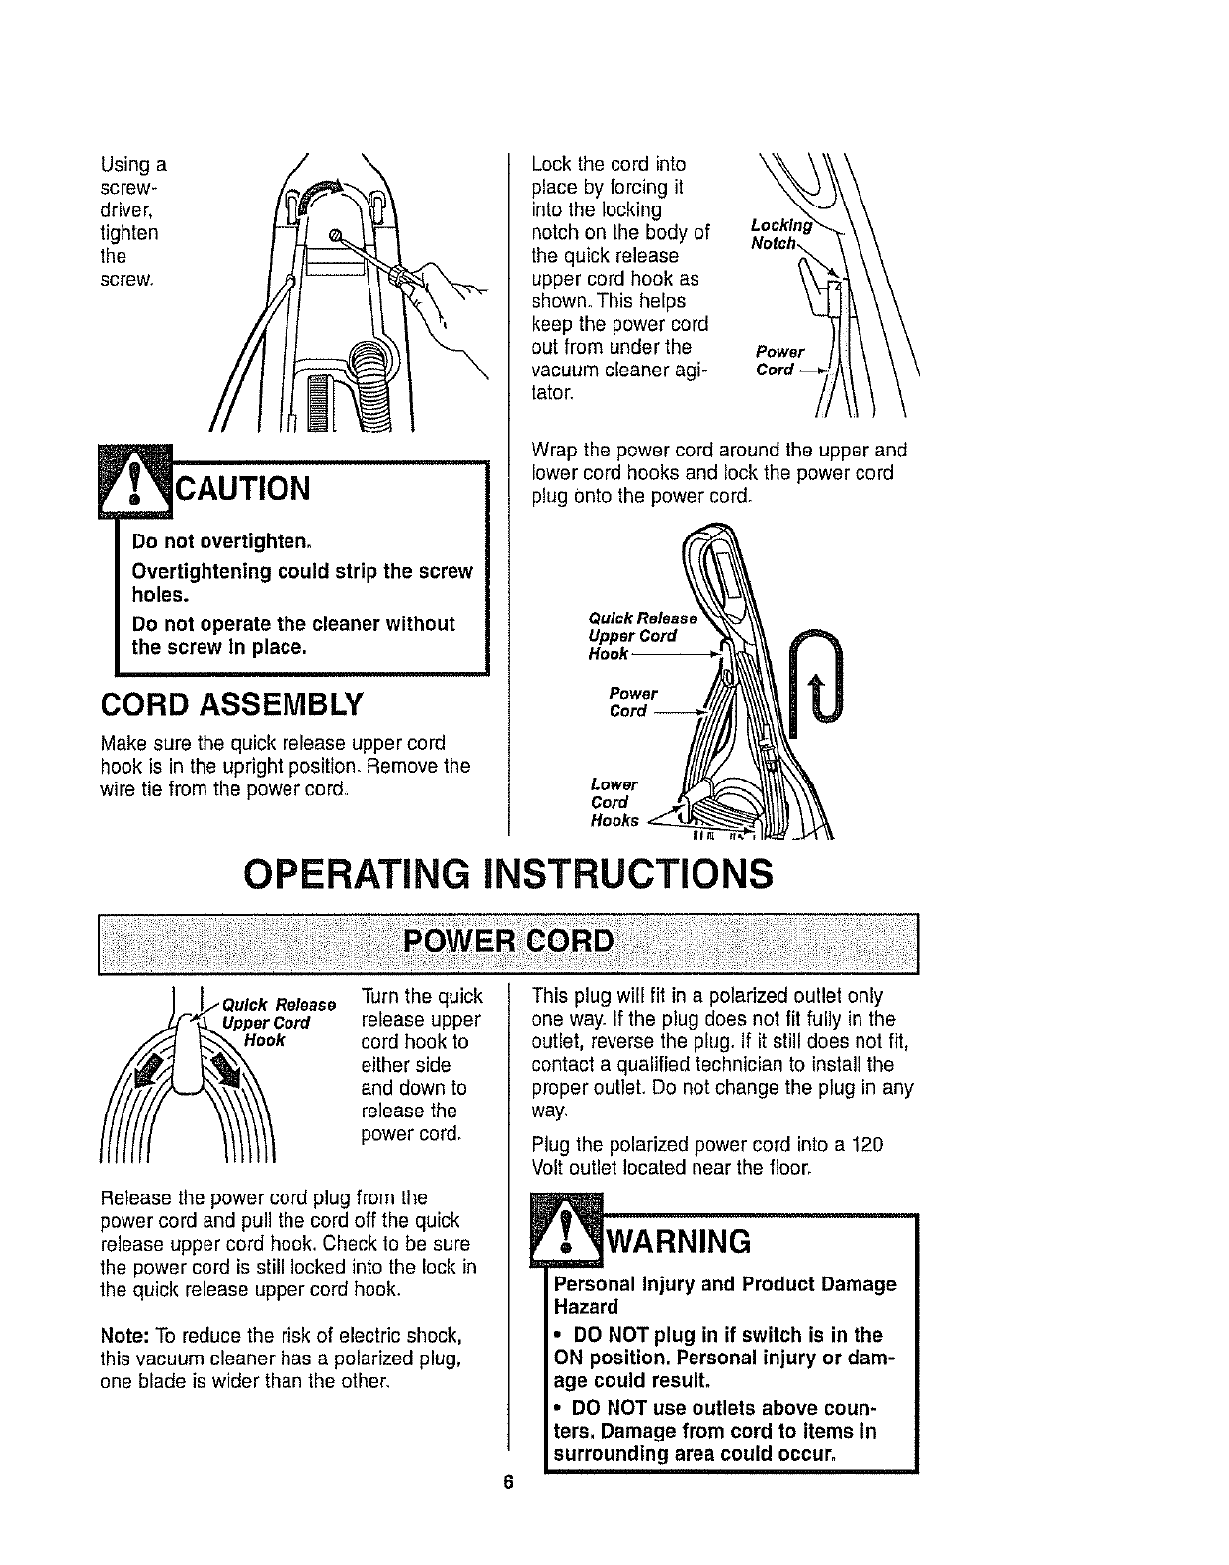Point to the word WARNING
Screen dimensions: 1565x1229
pyautogui.click(x=677, y=1239)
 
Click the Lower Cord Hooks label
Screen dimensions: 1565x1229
pyautogui.click(x=614, y=801)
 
